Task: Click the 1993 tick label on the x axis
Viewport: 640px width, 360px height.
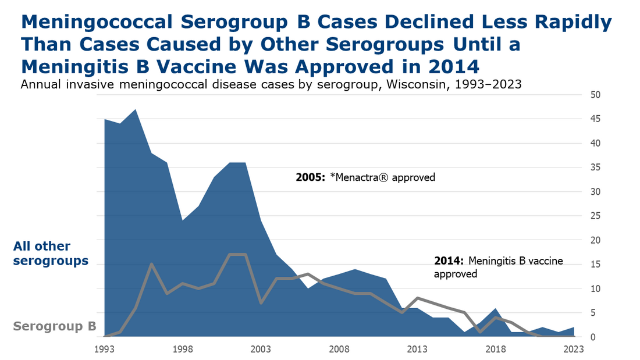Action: point(104,349)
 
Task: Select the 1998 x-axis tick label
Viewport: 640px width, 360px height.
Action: point(183,349)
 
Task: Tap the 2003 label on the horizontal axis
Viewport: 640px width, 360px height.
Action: point(261,349)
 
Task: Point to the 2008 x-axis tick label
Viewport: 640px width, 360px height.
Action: point(339,349)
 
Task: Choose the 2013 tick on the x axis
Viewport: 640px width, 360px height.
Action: point(417,349)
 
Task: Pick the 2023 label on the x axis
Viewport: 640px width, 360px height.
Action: point(574,349)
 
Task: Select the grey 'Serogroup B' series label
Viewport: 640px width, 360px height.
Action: point(55,327)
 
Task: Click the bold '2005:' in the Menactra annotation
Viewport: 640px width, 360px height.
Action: point(310,177)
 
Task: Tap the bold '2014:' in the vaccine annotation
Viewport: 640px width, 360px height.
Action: point(449,261)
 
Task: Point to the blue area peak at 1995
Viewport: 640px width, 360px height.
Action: point(136,109)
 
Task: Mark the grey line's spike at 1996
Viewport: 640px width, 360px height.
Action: point(151,264)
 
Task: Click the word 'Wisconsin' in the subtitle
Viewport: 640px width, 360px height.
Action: point(419,84)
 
